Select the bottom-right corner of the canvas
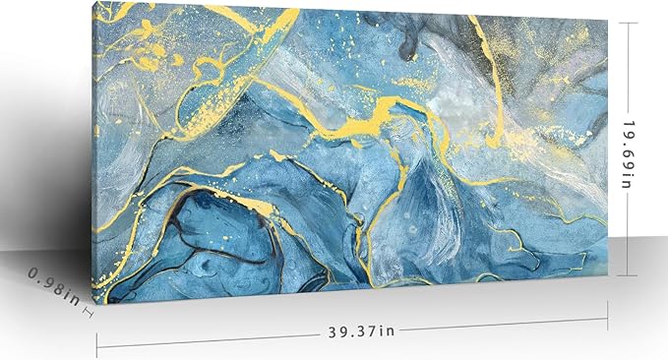coord(607,279)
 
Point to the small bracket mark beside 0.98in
coord(88,313)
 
